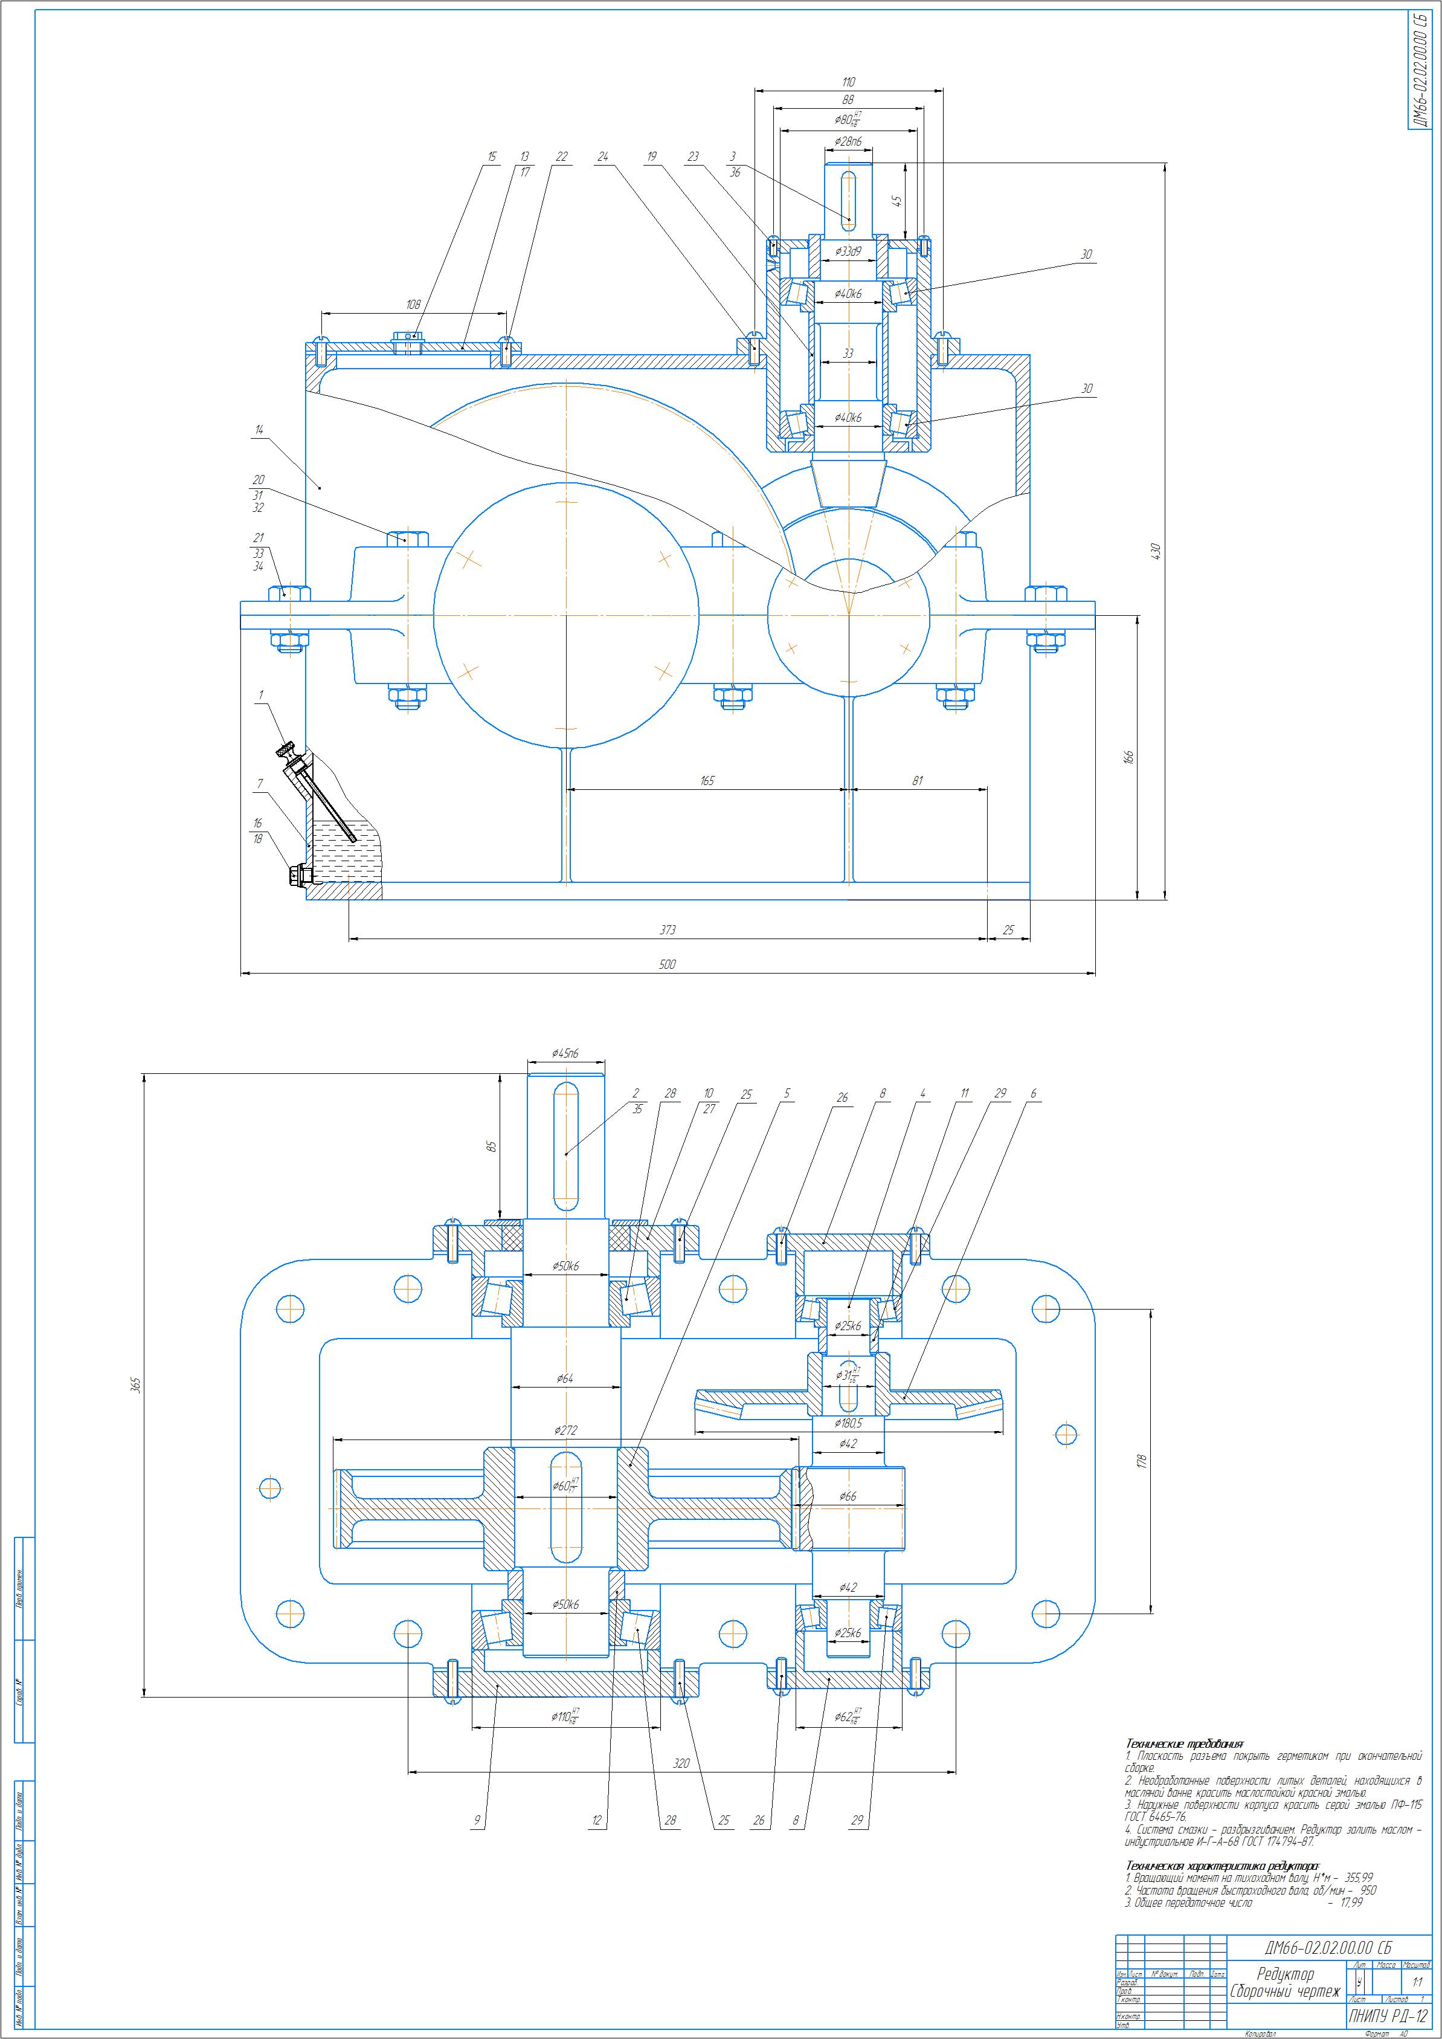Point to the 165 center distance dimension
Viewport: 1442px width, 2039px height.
pos(707,781)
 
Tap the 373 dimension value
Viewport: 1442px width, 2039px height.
pos(668,930)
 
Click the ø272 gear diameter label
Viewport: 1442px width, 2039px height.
pos(565,1430)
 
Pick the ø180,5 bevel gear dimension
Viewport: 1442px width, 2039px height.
pos(849,1423)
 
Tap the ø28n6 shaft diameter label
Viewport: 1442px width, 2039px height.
pos(849,142)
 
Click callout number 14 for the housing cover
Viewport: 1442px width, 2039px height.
pos(259,430)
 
